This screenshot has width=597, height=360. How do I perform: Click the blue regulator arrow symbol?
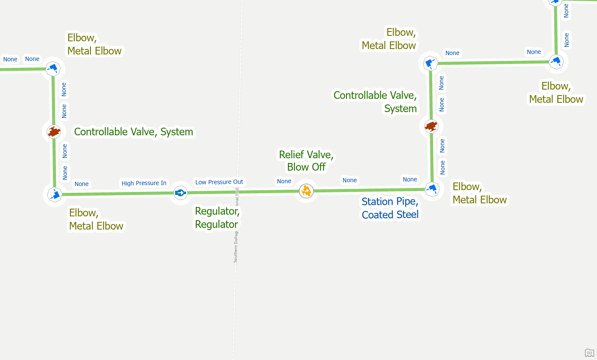tap(180, 193)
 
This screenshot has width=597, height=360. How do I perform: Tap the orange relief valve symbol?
tap(306, 191)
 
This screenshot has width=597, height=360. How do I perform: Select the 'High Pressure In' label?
tap(144, 183)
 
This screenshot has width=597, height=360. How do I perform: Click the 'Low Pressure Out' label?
tap(219, 182)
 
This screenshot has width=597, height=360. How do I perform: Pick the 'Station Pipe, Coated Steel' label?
tap(390, 208)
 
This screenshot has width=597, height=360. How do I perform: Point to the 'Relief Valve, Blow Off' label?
tap(306, 160)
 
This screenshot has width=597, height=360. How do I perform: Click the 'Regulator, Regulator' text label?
tap(217, 218)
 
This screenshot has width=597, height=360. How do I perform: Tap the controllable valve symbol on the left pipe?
tap(54, 131)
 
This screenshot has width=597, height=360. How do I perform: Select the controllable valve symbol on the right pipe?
tap(431, 126)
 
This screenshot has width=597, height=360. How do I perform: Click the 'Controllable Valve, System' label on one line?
tap(134, 132)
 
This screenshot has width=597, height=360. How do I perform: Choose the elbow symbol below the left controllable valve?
tap(55, 195)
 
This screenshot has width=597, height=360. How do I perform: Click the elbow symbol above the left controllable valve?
tap(53, 68)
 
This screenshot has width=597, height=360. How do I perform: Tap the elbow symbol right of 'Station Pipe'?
tap(432, 188)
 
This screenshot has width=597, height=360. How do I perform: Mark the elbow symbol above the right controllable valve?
tap(430, 64)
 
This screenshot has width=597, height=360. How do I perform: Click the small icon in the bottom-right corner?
tap(589, 352)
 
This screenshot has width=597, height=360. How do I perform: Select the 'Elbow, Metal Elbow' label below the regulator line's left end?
tap(96, 219)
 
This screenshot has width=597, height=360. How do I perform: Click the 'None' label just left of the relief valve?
tap(284, 181)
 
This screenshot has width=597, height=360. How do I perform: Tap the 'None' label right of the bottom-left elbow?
tap(82, 184)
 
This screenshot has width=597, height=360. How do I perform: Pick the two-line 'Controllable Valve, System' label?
tap(375, 102)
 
